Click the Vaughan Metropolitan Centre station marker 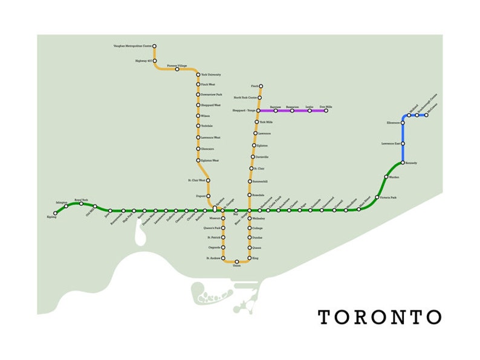(154, 46)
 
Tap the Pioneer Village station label (177, 65)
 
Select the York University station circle (198, 75)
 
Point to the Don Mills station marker (326, 111)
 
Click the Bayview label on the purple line (276, 106)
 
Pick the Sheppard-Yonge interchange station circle (258, 111)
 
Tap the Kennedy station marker (403, 162)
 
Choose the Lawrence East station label (390, 144)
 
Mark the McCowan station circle (426, 115)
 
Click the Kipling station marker (55, 213)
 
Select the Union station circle (236, 262)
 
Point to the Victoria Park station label (387, 198)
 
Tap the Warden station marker (386, 177)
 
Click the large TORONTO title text (380, 317)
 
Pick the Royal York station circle (81, 204)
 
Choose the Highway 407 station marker (155, 61)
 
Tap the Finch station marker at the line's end (261, 86)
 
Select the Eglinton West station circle (198, 161)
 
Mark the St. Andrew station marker (221, 258)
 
